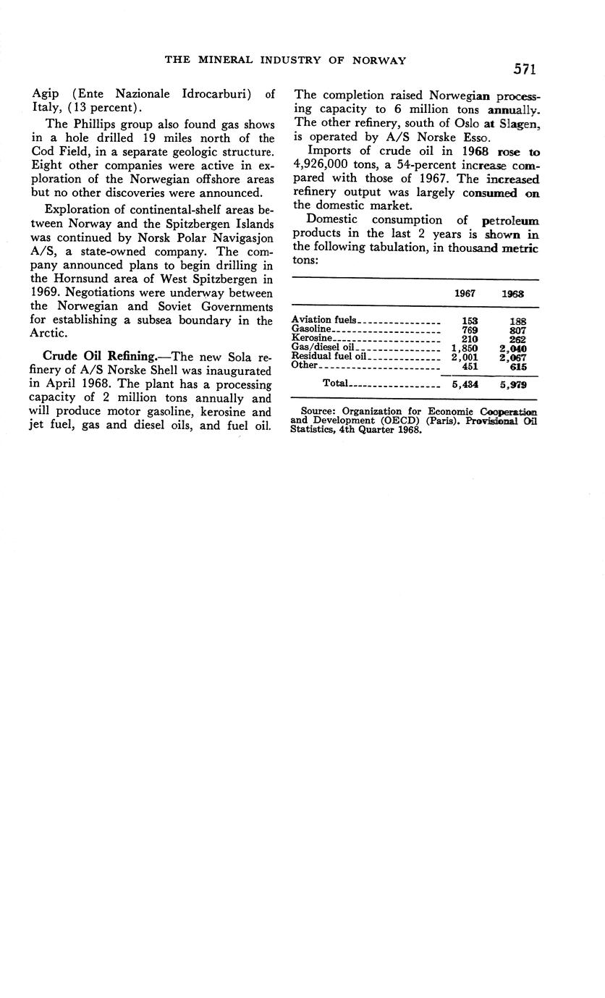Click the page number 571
525,69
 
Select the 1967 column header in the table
464,295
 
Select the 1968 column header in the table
515,295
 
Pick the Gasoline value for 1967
469,329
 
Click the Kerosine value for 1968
517,339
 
